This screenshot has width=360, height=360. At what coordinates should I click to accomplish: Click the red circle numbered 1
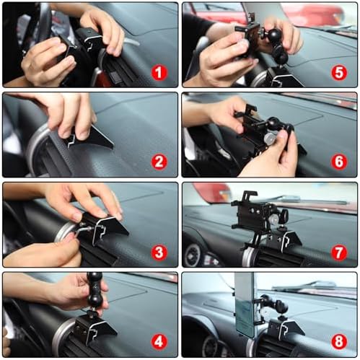pos(159,73)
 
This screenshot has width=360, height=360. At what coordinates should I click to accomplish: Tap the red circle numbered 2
pos(159,162)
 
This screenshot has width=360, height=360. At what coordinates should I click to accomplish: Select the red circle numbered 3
pos(159,253)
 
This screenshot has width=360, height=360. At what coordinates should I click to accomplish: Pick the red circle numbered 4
pos(159,341)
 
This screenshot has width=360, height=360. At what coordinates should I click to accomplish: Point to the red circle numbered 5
pos(339,73)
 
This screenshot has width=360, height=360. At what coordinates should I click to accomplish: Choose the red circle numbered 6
pos(339,162)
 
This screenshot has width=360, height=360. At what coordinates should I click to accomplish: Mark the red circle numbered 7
pos(339,253)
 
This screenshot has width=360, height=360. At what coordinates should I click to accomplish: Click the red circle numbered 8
pos(339,341)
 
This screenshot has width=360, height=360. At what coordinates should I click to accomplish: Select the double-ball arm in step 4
pos(95,292)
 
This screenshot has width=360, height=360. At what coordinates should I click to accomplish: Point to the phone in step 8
pos(246,304)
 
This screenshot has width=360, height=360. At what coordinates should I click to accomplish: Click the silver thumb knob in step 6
pos(269,138)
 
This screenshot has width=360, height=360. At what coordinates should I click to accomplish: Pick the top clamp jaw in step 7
pos(250,196)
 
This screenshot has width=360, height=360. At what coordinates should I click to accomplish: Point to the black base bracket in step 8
pos(286,329)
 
